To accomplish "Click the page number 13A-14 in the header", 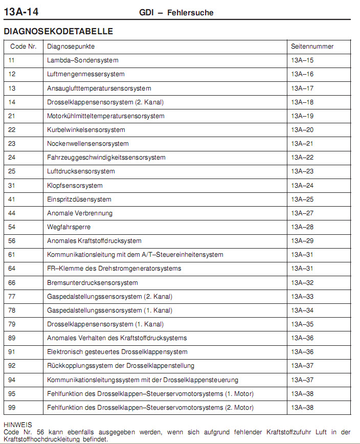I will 21,11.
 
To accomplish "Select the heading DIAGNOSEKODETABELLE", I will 58,31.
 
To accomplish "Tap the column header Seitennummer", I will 312,47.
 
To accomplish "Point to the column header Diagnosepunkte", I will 71,47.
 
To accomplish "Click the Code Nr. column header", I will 24,47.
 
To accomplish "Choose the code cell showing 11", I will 12,60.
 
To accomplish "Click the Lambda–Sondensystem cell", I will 82,60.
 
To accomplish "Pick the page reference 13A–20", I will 302,130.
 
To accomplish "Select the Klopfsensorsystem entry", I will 75,185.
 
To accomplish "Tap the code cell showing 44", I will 12,213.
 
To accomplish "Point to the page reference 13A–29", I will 302,241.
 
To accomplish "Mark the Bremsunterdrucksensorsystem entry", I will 92,283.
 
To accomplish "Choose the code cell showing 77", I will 12,297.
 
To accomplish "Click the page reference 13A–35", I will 302,324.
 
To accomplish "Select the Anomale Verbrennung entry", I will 80,213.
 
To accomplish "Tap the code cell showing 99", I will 12,408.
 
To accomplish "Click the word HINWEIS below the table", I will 17,425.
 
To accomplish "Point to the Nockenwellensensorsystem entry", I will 87,144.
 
